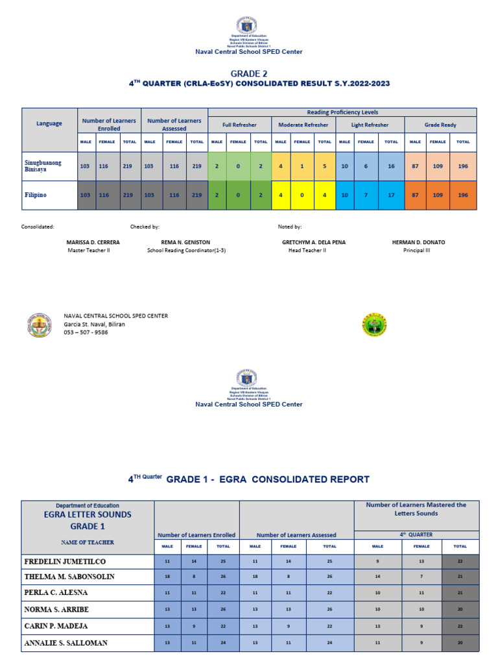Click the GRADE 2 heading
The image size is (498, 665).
[x=249, y=73]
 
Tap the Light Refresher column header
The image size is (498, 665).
[x=370, y=124]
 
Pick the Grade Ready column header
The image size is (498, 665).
[x=440, y=124]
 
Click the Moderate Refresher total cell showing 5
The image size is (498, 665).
[x=325, y=166]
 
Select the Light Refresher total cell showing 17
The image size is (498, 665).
[x=391, y=194]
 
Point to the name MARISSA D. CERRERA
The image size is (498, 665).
[x=93, y=242]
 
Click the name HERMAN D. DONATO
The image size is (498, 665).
[x=418, y=242]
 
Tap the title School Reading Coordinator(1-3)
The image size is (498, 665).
[x=185, y=250]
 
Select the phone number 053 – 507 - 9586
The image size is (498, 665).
[x=86, y=332]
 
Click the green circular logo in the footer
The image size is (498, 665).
[x=374, y=324]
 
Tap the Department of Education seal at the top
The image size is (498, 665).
[x=249, y=25]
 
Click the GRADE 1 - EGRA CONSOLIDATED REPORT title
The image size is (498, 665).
[x=268, y=479]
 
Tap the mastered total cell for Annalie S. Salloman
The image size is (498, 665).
[x=460, y=643]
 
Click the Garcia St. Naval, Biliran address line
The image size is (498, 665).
[x=94, y=324]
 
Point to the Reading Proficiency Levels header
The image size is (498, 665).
[x=342, y=112]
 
